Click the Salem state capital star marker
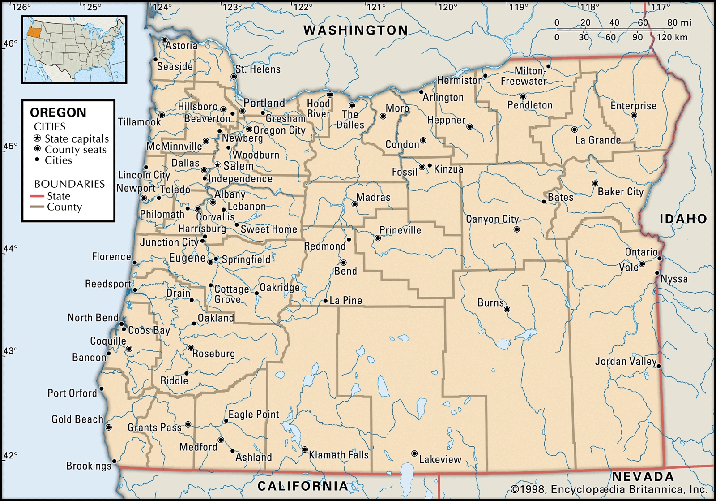[x=217, y=165]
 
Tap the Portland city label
[x=264, y=103]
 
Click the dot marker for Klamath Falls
[x=305, y=449]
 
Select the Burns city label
[x=490, y=302]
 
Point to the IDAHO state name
[x=683, y=219]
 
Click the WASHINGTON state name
[x=356, y=30]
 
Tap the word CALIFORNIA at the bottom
[x=303, y=486]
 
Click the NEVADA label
[x=643, y=476]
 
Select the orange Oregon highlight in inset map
[x=33, y=31]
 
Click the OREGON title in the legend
[x=58, y=112]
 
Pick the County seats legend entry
[x=75, y=150]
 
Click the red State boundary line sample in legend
[x=37, y=196]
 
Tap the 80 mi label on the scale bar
[x=679, y=22]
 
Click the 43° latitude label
[x=10, y=350]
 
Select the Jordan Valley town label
[x=626, y=361]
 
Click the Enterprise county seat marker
[x=634, y=116]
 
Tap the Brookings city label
[x=89, y=466]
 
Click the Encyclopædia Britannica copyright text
[x=609, y=489]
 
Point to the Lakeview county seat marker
[x=414, y=453]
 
